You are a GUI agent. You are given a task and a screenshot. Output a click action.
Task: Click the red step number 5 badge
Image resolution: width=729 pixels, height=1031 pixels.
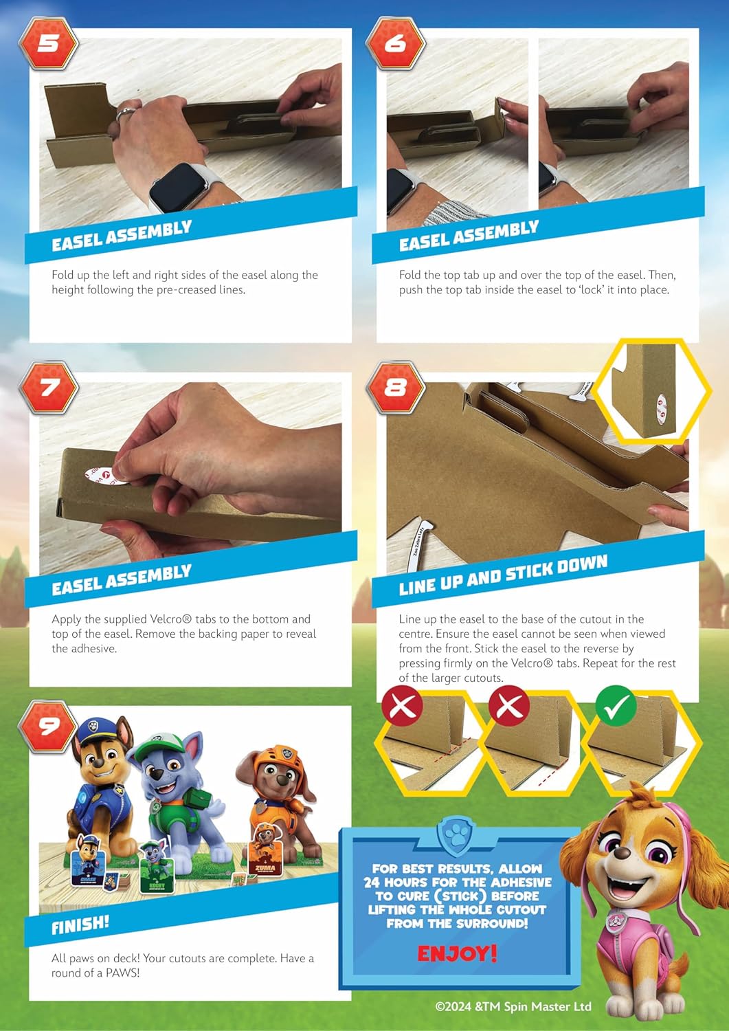point(48,44)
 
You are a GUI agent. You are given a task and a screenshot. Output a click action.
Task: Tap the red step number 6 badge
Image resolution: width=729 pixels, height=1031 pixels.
point(395,44)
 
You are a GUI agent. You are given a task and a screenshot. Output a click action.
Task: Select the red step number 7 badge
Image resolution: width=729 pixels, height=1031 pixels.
point(48,388)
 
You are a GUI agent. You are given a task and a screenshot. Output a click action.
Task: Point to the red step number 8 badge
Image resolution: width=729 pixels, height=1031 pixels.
point(395,388)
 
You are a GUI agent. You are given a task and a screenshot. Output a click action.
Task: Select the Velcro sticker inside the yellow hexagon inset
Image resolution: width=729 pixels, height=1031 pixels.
point(662,408)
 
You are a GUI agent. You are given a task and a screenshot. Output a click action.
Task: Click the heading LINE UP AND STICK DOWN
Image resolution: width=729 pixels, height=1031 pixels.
point(503,575)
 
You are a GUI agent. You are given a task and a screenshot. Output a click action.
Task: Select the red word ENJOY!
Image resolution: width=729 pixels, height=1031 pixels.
point(457,954)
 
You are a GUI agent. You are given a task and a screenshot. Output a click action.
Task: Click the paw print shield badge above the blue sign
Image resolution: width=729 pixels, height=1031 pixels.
point(456,836)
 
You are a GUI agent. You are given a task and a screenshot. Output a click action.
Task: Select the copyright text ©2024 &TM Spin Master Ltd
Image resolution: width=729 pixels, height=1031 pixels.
point(513,1007)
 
